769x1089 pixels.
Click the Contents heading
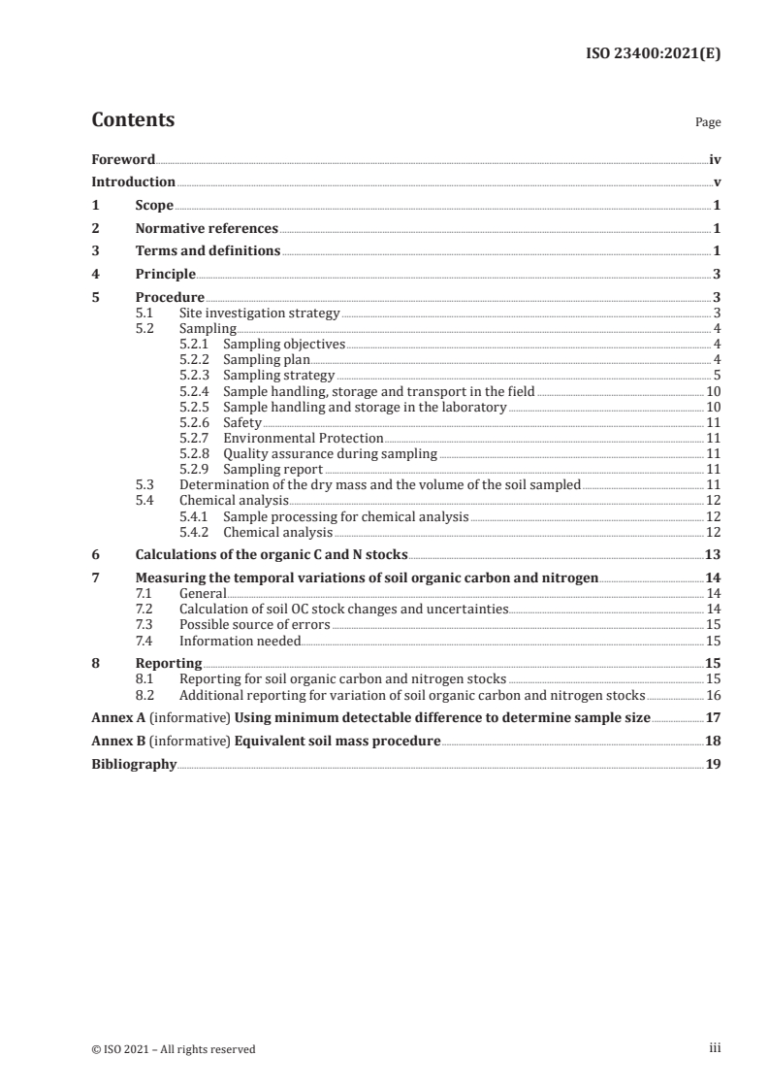[133, 121]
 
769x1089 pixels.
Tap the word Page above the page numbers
[708, 123]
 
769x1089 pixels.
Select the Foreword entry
[123, 159]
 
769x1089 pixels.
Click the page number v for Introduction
[716, 182]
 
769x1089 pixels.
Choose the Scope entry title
[154, 206]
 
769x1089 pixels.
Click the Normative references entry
[207, 229]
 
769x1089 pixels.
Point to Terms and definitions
[208, 251]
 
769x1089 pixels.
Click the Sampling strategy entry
[278, 376]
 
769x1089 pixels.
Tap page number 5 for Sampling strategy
[716, 376]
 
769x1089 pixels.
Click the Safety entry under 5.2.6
[242, 423]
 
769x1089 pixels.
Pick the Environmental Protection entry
[304, 439]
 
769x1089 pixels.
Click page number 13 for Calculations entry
[713, 555]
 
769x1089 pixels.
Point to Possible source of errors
[254, 624]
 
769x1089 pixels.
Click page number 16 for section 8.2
[713, 695]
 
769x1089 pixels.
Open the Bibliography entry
[134, 765]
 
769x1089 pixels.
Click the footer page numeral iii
[715, 1048]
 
